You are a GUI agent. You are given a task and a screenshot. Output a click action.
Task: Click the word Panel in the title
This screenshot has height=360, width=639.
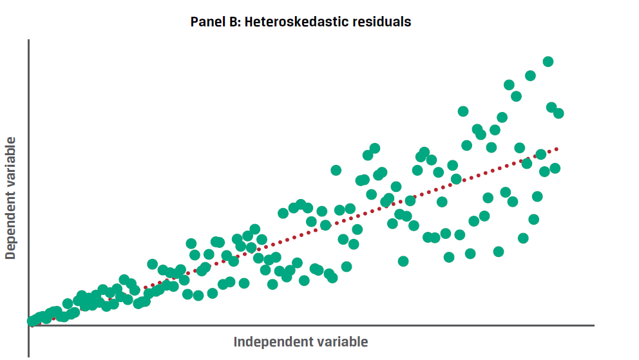(205, 22)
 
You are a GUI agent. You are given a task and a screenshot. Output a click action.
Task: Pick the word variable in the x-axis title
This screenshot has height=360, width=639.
(341, 341)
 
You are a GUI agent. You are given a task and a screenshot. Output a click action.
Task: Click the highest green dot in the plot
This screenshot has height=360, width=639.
(548, 62)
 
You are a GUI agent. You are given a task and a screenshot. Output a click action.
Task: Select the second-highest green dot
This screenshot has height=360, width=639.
(531, 76)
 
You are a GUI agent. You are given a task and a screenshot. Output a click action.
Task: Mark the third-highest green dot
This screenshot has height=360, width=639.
(509, 85)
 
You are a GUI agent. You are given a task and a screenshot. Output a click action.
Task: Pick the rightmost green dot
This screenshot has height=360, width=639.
(558, 113)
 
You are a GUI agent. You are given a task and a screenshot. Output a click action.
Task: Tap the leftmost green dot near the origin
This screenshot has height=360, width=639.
(32, 321)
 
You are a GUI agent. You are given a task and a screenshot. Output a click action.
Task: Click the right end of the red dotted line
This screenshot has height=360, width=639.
(557, 149)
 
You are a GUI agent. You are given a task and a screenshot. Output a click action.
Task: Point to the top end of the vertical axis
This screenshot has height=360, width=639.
(29, 40)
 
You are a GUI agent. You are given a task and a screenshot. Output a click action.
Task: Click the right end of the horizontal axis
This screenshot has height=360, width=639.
(593, 326)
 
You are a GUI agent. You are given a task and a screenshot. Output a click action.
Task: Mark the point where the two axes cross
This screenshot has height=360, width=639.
(29, 326)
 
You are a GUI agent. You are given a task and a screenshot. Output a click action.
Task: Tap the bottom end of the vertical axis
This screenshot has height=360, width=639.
(29, 356)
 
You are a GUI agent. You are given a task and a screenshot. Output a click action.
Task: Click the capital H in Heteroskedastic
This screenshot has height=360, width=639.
(249, 22)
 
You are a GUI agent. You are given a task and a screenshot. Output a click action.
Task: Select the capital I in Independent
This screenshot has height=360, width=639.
(236, 341)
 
